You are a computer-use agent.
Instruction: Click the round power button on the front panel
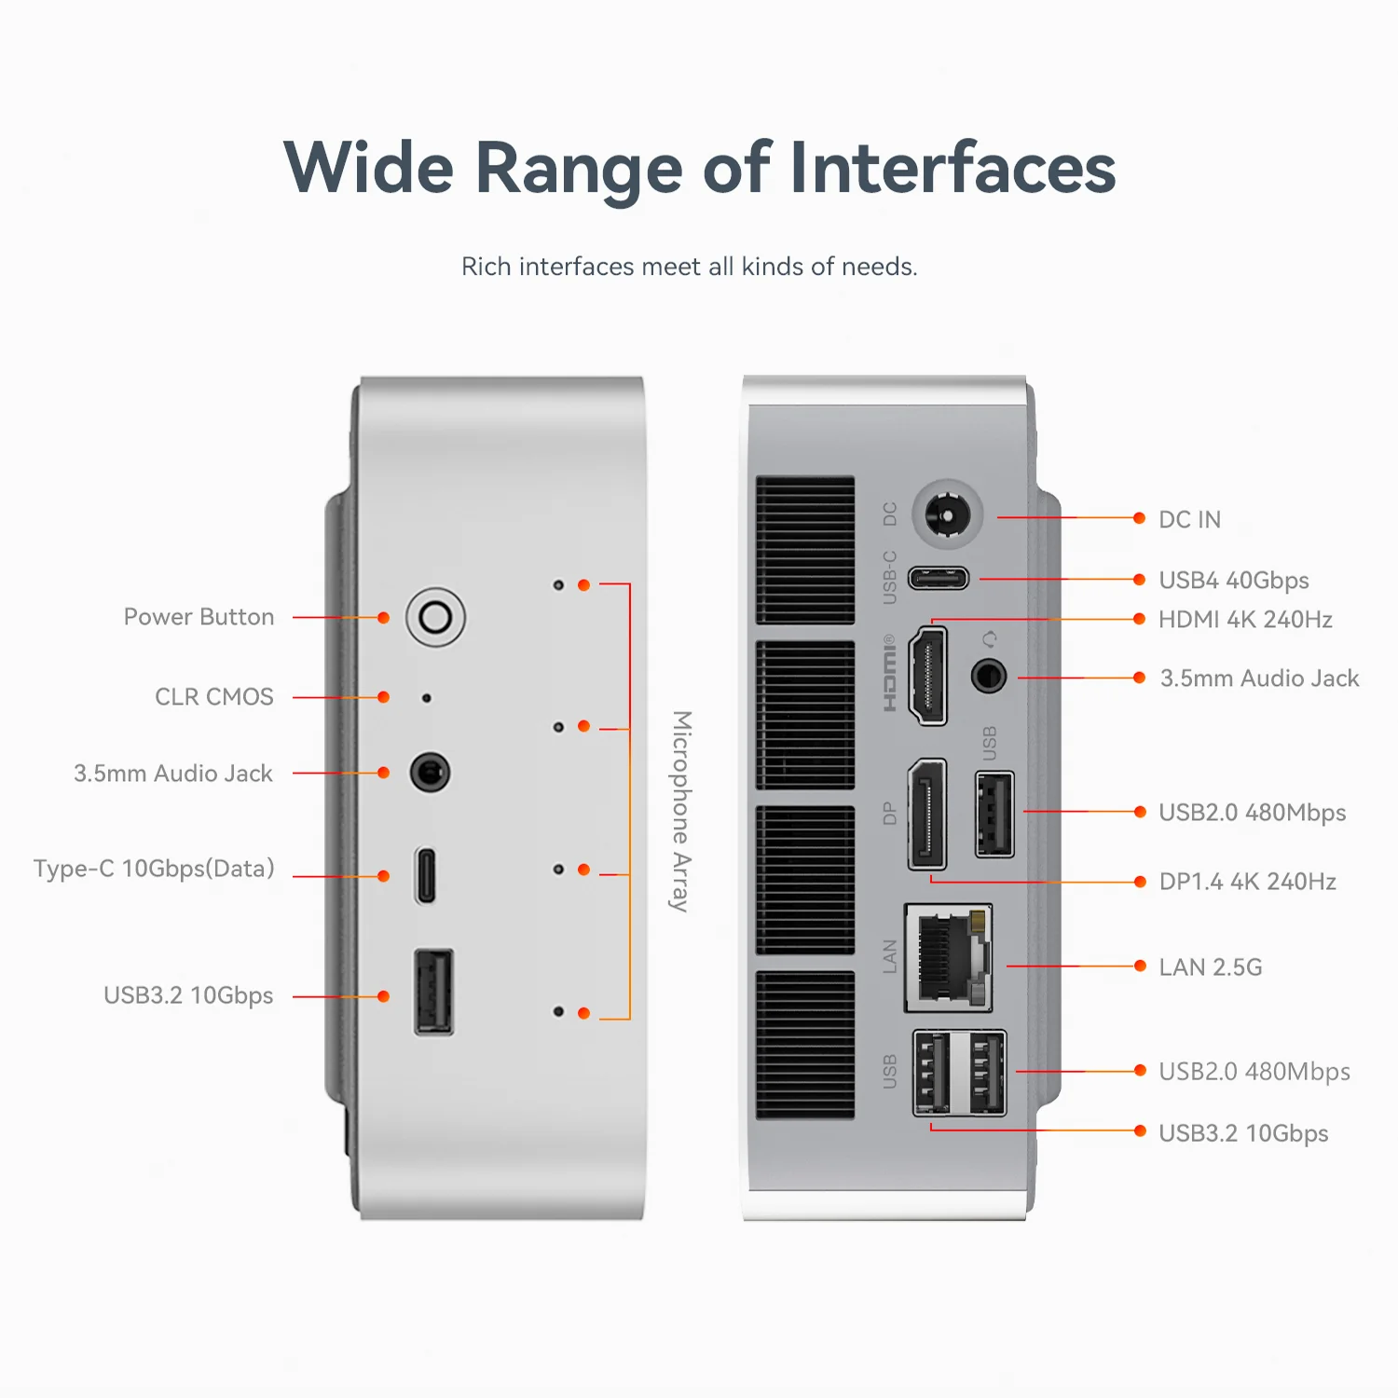pyautogui.click(x=435, y=617)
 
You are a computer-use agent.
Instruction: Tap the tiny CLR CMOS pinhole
pyautogui.click(x=427, y=698)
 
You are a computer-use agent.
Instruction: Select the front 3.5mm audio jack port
pyautogui.click(x=430, y=773)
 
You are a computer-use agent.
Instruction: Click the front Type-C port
pyautogui.click(x=425, y=875)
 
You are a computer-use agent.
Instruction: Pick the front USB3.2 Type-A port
pyautogui.click(x=433, y=992)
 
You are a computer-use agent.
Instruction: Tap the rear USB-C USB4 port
pyautogui.click(x=939, y=579)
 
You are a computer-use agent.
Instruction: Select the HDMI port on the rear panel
pyautogui.click(x=928, y=676)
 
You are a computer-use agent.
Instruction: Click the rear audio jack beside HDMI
pyautogui.click(x=989, y=676)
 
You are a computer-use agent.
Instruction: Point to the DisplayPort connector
pyautogui.click(x=927, y=814)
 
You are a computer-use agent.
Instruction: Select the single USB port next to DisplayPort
pyautogui.click(x=994, y=814)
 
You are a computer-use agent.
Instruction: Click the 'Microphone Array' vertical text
pyautogui.click(x=682, y=811)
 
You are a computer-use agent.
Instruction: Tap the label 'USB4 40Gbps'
pyautogui.click(x=1233, y=581)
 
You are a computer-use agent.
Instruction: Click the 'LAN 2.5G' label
pyautogui.click(x=1210, y=967)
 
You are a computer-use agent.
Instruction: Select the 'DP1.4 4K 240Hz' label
pyautogui.click(x=1247, y=882)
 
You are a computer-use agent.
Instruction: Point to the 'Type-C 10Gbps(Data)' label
pyautogui.click(x=155, y=869)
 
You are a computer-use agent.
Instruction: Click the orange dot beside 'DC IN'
pyautogui.click(x=1139, y=518)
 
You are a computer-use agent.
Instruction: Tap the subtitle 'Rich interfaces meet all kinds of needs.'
pyautogui.click(x=690, y=267)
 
